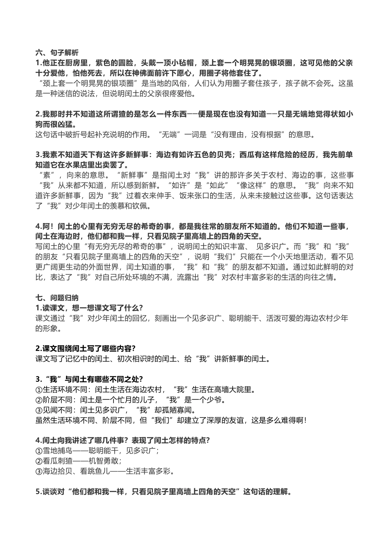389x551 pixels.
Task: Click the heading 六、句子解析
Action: [x=57, y=53]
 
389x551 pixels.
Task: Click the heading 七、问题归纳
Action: [x=57, y=298]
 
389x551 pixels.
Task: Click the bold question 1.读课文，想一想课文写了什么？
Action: [x=89, y=308]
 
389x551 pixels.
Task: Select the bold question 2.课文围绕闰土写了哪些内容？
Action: [x=86, y=348]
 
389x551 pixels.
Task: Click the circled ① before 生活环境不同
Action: [x=39, y=389]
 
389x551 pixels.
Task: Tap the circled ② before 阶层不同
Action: [x=39, y=399]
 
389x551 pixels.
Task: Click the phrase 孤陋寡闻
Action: [x=169, y=410]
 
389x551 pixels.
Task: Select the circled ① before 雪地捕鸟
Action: [x=39, y=450]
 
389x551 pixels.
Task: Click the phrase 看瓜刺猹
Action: [x=57, y=460]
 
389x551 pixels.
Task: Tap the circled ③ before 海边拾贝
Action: [x=39, y=471]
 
